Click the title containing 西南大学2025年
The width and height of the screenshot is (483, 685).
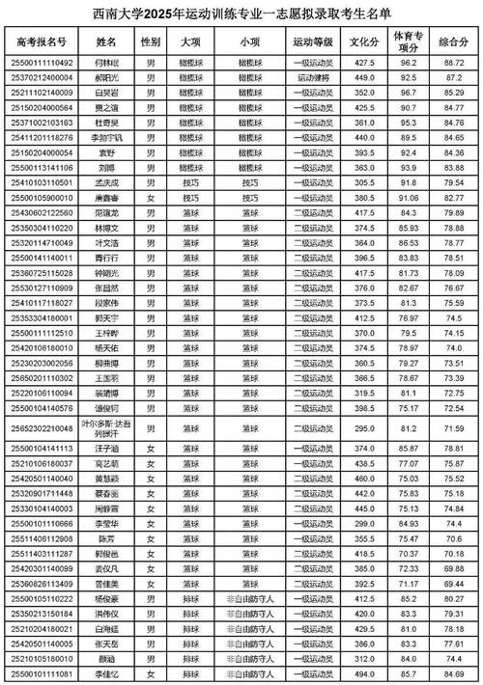pos(241,14)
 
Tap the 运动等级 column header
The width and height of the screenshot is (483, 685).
pos(313,42)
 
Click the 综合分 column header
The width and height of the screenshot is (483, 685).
pos(453,42)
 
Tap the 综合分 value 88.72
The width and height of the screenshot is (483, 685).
pos(453,61)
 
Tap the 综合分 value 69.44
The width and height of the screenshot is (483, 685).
pos(453,583)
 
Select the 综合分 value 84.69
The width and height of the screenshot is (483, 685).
pos(453,673)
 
